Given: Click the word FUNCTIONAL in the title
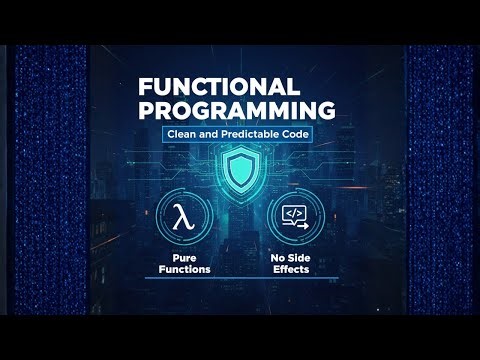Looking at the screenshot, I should point(218,87).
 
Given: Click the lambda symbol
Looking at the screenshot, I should point(182,219).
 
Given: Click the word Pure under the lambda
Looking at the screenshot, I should point(182,257).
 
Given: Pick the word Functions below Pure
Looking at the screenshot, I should point(182,268).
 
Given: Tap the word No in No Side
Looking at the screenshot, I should point(282,257).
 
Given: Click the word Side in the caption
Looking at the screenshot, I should point(302,257).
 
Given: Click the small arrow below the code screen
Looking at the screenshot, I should point(300,226).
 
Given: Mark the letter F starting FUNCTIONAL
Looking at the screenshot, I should point(144,87).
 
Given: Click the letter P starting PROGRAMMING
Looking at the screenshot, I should point(146,110).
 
